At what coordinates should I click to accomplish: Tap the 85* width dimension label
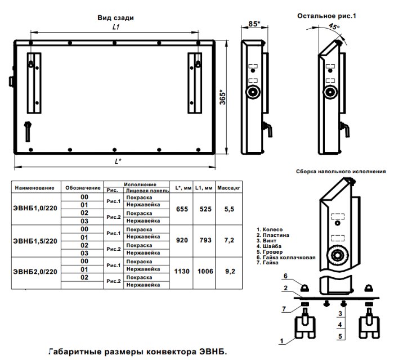254,24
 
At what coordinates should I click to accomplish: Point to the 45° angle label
334,26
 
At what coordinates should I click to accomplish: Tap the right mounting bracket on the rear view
197,80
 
